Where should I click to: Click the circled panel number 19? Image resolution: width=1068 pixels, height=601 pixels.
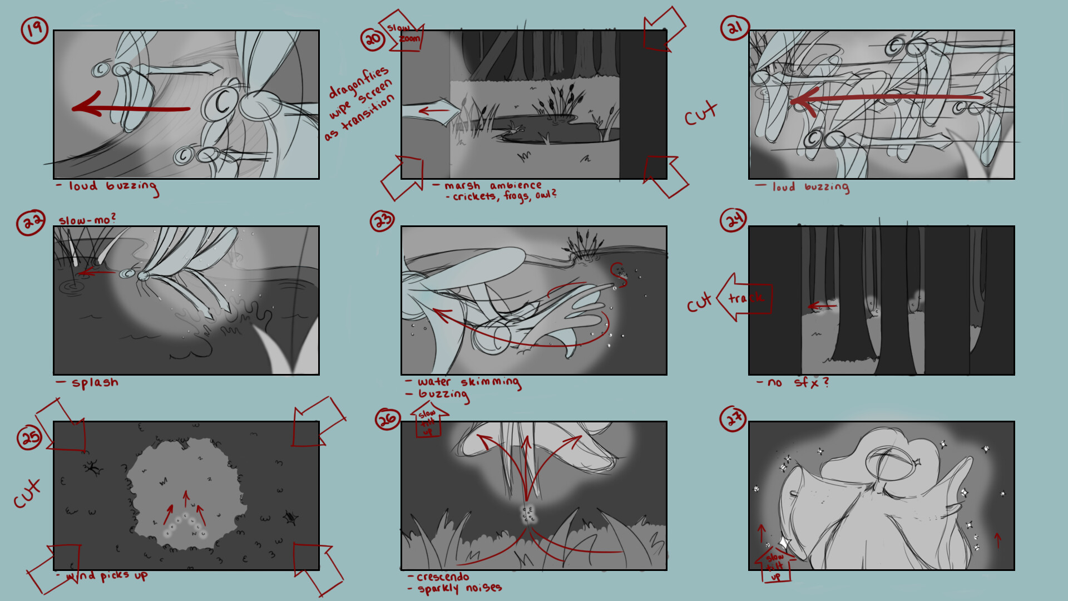coord(34,30)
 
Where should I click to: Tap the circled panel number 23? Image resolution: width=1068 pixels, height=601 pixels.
coord(382,221)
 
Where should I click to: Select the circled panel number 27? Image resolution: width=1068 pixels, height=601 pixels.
coord(733,418)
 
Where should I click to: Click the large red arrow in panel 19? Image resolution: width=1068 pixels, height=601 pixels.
coord(131,108)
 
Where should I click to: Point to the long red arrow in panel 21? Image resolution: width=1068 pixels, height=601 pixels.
coord(884,99)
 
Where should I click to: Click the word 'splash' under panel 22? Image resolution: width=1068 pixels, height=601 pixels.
coord(95,382)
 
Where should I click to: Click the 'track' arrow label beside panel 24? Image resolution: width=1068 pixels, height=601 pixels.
coord(745,298)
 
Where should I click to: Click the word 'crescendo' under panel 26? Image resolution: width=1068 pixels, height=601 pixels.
coord(443,577)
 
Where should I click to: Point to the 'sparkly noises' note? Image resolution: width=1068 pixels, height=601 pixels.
coord(459,588)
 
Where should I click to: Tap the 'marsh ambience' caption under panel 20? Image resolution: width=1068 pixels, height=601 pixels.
coord(493,185)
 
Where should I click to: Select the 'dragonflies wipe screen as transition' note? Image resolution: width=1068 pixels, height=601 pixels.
coord(360,103)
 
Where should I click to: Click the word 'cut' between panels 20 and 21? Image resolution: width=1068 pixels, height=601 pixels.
coord(700,114)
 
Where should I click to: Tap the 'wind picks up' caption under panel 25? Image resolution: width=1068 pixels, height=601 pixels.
coord(106,575)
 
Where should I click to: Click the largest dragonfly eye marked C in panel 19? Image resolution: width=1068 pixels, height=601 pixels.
coord(220,104)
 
